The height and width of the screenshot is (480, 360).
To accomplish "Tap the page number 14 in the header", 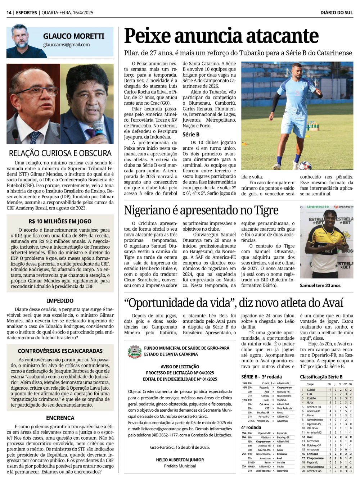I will click(x=9, y=13).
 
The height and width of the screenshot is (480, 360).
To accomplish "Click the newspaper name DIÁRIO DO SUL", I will click(x=337, y=13).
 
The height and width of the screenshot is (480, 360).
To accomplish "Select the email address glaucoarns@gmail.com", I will click(x=66, y=45).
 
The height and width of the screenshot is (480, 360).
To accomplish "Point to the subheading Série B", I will click(x=191, y=135).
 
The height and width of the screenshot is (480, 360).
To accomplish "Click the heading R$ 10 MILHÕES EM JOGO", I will click(x=60, y=221).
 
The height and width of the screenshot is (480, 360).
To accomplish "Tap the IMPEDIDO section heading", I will click(x=60, y=301).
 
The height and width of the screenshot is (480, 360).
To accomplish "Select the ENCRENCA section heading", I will click(x=60, y=418).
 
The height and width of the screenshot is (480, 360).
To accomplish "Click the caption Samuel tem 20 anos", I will click(x=320, y=285).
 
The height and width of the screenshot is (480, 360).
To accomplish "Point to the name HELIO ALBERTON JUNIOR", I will click(x=180, y=460).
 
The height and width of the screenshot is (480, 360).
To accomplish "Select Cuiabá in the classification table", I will click(x=311, y=390).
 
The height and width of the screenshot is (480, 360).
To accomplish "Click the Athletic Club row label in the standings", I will click(x=314, y=471).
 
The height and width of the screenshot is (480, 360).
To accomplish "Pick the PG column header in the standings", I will click(x=329, y=384).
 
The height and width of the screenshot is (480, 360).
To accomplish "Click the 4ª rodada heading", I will click(x=251, y=427).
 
